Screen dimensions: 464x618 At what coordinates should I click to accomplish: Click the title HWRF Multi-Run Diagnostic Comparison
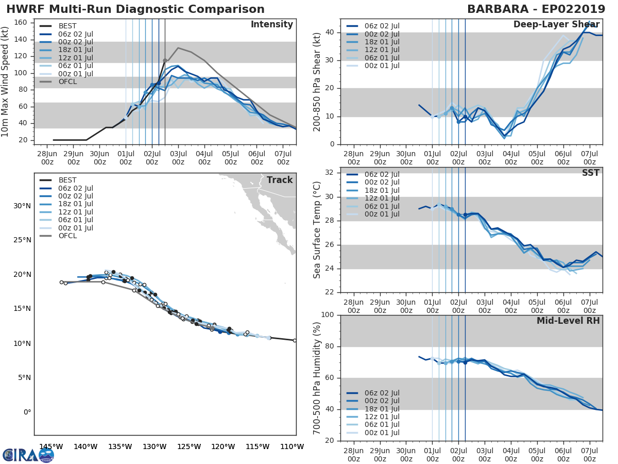click(135, 9)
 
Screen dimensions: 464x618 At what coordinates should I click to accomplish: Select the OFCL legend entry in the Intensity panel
click(67, 81)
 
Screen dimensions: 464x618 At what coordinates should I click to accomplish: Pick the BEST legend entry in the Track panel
click(67, 180)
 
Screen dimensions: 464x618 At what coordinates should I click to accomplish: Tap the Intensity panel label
click(271, 25)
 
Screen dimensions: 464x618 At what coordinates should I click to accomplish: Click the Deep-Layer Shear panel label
click(556, 25)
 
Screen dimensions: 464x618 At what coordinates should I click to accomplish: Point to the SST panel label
click(590, 173)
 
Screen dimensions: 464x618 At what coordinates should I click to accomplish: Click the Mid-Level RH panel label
click(568, 321)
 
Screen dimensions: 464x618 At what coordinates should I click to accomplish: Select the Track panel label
click(280, 180)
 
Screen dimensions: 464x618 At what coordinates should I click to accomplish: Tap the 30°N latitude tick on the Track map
click(22, 206)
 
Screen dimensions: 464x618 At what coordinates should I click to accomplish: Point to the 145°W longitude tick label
click(51, 446)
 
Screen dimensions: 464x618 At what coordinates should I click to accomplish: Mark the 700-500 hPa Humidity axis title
click(317, 378)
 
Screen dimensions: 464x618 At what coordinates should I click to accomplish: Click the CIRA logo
click(28, 455)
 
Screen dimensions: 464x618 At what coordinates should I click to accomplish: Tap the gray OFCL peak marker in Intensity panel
click(165, 61)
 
